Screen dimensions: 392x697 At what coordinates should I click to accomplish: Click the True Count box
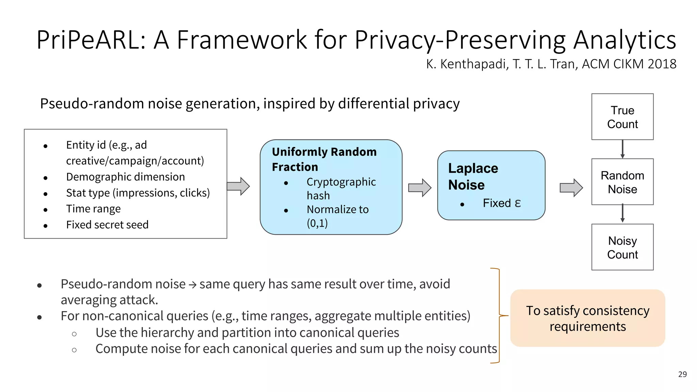(x=622, y=117)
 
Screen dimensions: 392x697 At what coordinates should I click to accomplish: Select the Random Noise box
(x=622, y=182)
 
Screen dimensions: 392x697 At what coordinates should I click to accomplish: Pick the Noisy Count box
(x=622, y=247)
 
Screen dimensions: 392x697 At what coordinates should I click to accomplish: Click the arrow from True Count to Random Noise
(x=622, y=149)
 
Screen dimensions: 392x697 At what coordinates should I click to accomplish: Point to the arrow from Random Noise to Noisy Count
(x=622, y=214)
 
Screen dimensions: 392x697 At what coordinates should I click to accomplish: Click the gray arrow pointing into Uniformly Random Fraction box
(x=239, y=186)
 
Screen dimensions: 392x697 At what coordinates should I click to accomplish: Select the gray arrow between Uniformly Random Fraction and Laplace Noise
(x=420, y=187)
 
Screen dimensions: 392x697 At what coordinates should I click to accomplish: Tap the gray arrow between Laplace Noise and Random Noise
(x=571, y=187)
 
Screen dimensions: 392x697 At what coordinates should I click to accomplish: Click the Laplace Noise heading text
(x=473, y=176)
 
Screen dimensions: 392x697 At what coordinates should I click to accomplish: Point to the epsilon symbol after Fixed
(x=518, y=203)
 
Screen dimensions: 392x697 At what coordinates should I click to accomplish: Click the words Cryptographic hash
(x=341, y=189)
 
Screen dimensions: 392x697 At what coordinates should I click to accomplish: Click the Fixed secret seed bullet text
(x=107, y=225)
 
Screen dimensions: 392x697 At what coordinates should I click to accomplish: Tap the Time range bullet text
(x=93, y=209)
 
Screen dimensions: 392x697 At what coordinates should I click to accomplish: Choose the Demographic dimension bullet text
(x=125, y=177)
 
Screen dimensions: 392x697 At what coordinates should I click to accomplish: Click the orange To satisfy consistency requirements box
(x=587, y=318)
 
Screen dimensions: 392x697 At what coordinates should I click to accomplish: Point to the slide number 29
(x=682, y=374)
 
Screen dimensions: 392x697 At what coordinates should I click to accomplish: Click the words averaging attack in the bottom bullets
(x=109, y=300)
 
